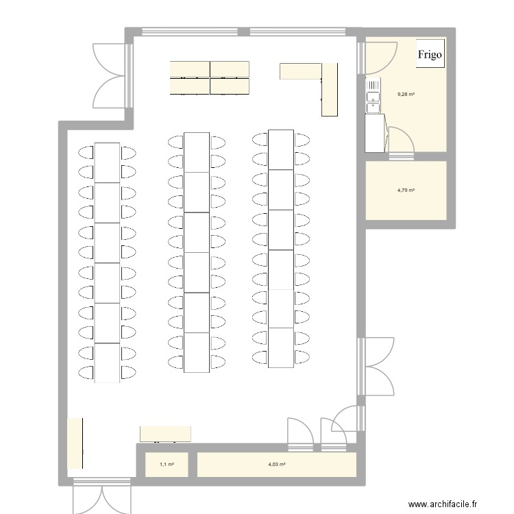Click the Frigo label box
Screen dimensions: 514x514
(430, 53)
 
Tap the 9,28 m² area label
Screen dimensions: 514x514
(406, 95)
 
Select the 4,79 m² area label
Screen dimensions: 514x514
(406, 191)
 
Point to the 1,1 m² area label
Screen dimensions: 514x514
(167, 465)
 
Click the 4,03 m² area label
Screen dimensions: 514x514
(277, 465)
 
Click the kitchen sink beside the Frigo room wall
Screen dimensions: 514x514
(373, 95)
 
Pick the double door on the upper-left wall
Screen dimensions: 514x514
(110, 75)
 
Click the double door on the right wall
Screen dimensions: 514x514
(376, 367)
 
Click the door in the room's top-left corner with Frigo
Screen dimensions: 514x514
(380, 55)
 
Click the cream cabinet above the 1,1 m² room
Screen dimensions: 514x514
(165, 434)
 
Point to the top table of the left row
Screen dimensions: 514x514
(107, 162)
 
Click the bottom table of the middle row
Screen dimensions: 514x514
(197, 352)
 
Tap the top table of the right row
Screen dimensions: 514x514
(281, 149)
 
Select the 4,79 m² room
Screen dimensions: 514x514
(406, 202)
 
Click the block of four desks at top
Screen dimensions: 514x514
(210, 77)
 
